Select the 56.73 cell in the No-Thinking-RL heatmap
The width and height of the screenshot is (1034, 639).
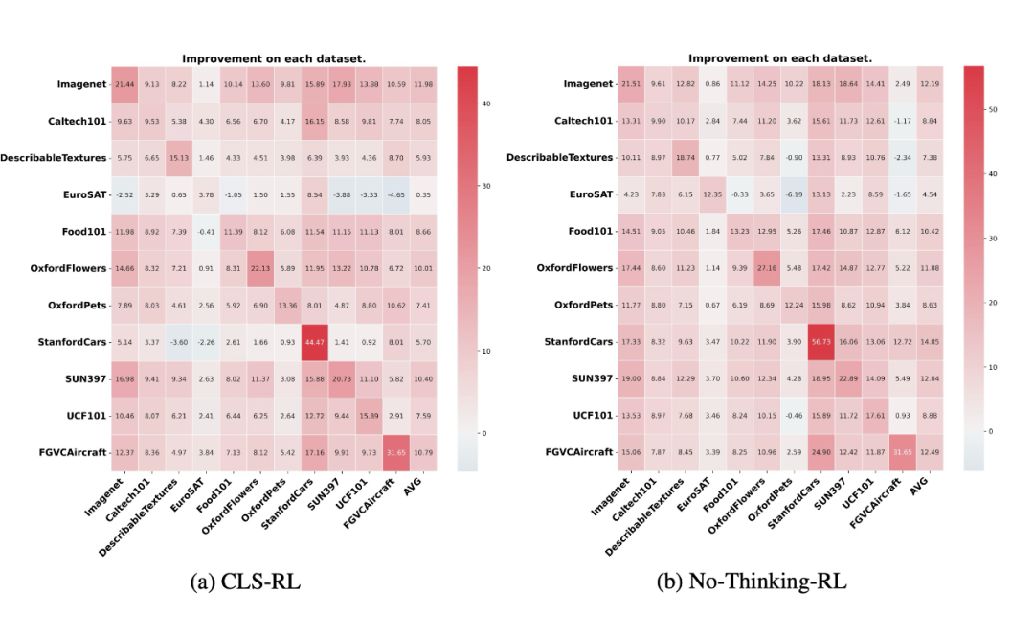[820, 342]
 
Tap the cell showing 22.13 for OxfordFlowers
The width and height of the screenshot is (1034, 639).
[260, 268]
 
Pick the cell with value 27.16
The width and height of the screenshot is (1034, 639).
[765, 268]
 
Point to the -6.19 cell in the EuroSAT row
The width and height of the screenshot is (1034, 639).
[792, 194]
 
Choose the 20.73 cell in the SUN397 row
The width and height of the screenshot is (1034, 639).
[342, 379]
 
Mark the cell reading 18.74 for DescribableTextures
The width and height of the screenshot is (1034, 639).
[685, 157]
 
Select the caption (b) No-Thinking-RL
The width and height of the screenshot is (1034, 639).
[752, 582]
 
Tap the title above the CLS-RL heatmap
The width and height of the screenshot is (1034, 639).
[274, 57]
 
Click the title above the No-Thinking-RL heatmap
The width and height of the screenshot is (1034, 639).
[779, 57]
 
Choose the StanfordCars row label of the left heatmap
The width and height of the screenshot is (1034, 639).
[71, 342]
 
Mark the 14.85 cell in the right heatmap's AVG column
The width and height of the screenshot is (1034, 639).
[928, 342]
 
